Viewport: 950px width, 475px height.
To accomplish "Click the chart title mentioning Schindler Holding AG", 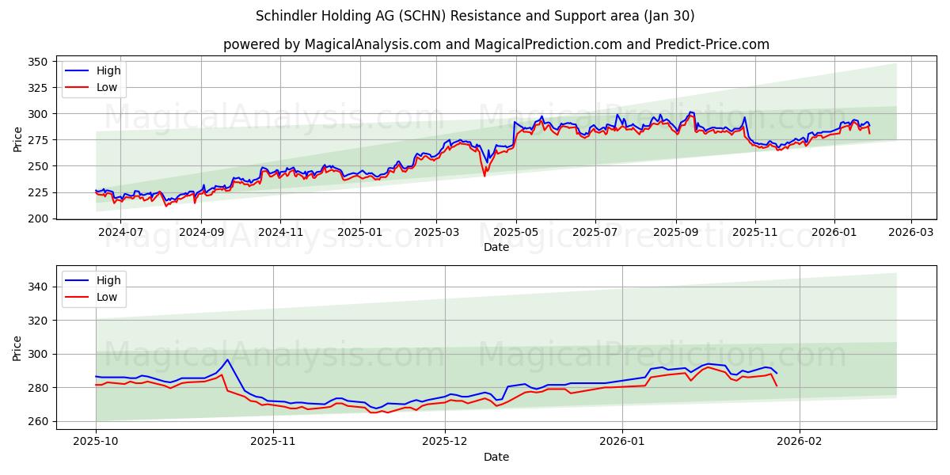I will (475, 16).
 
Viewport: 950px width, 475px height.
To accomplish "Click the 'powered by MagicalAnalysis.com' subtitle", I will (496, 44).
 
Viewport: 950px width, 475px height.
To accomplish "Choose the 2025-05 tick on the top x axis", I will (516, 232).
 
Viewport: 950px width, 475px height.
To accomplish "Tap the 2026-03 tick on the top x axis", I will (910, 232).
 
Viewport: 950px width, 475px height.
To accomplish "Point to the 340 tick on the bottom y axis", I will (38, 287).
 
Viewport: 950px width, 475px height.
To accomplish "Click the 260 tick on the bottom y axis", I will (38, 421).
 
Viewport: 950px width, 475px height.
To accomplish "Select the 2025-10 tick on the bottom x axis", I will (96, 442).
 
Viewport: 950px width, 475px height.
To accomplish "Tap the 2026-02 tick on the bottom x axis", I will (800, 442).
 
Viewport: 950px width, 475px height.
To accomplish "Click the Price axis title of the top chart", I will (17, 139).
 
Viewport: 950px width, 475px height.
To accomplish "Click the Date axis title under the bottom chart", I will (496, 457).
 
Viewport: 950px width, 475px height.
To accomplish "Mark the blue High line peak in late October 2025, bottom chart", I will (227, 359).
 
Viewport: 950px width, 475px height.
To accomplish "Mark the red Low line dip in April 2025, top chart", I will (484, 175).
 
